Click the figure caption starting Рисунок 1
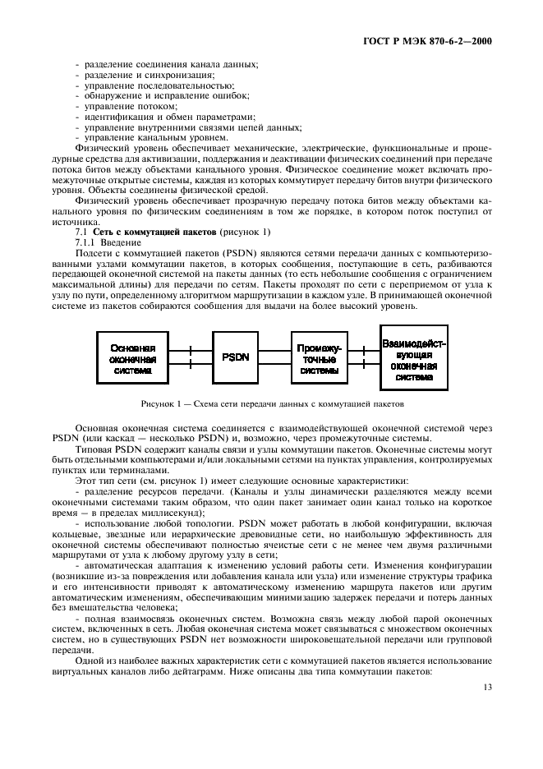coord(272,403)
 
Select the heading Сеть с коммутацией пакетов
coord(148,233)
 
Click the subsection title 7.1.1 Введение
coord(104,244)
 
